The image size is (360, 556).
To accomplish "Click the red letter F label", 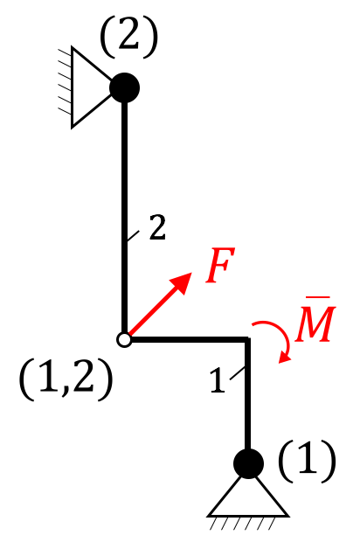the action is (x=220, y=265).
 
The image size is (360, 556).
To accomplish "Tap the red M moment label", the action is (x=315, y=323).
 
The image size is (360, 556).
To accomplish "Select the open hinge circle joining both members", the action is (x=124, y=339).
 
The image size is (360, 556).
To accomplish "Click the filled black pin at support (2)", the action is (x=124, y=88).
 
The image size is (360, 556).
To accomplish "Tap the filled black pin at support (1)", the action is (x=248, y=463).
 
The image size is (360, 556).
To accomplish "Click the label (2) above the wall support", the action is (x=128, y=38).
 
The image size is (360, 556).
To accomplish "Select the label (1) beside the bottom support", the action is (x=307, y=462).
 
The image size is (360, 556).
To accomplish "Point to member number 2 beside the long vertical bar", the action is (x=157, y=227).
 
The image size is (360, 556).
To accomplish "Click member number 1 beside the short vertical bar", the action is (x=218, y=380).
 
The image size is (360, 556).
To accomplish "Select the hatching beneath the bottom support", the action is (x=242, y=524).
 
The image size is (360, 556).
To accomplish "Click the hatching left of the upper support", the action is (x=65, y=81).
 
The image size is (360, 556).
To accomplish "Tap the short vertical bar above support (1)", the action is (x=247, y=394).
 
